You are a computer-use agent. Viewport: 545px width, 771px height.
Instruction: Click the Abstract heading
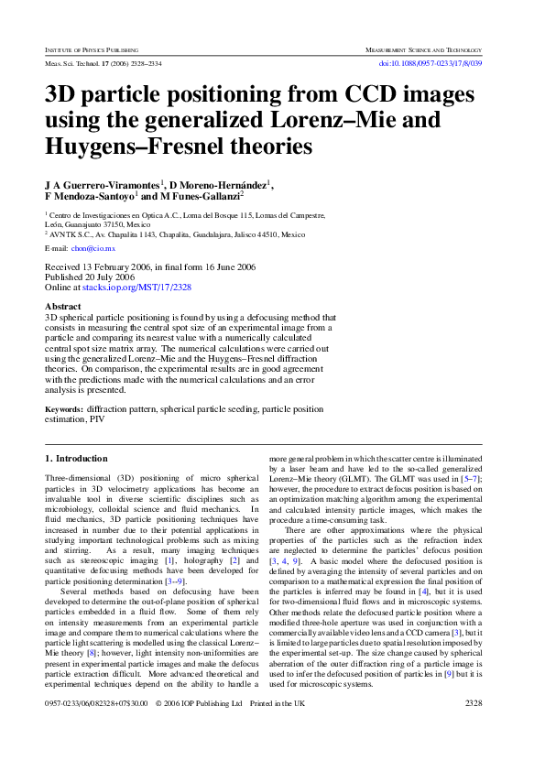[62, 307]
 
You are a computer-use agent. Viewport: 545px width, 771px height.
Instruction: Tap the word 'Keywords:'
[64, 409]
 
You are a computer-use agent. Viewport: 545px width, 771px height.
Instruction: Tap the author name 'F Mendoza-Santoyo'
[89, 196]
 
